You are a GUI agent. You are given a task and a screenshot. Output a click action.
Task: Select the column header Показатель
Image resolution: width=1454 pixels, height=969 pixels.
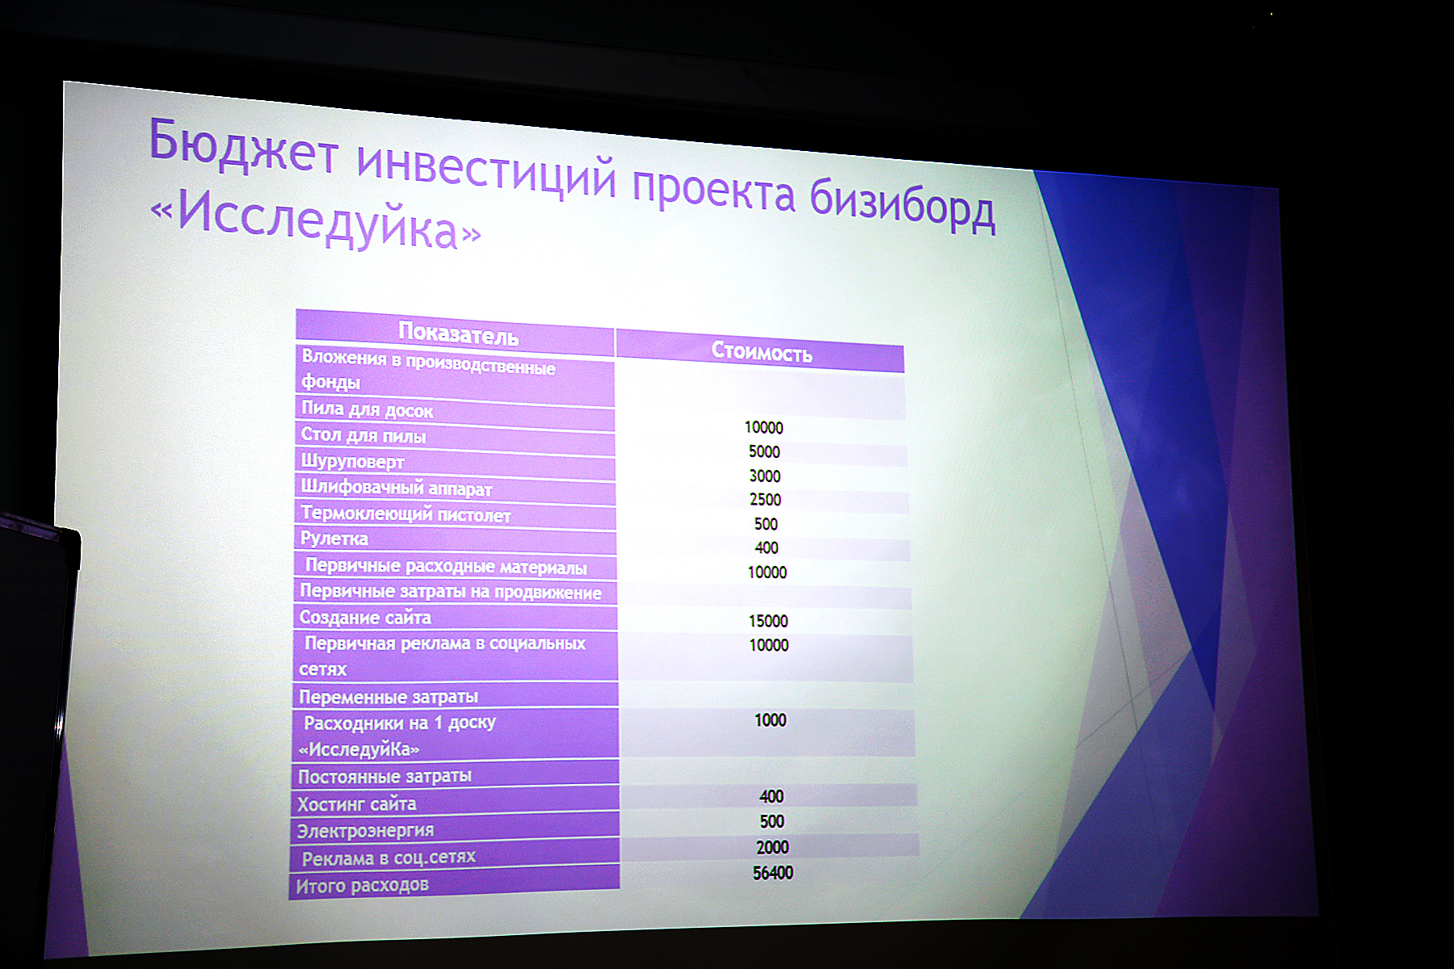click(x=458, y=333)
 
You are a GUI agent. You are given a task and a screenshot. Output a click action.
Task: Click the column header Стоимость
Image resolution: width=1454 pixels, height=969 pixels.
click(x=762, y=352)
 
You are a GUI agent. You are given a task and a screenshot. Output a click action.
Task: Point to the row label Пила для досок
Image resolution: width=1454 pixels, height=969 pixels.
click(x=367, y=409)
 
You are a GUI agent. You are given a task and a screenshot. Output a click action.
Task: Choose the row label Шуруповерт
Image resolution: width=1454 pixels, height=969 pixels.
click(x=352, y=461)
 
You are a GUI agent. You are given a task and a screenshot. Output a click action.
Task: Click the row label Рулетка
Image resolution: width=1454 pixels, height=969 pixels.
click(x=334, y=539)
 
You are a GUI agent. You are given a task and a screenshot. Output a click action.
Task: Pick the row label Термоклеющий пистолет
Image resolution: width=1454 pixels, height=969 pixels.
click(x=406, y=514)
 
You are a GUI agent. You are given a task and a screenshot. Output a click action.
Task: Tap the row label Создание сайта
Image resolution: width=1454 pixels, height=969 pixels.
click(x=365, y=618)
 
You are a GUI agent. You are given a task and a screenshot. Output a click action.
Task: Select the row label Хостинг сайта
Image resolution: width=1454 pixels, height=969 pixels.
click(x=356, y=804)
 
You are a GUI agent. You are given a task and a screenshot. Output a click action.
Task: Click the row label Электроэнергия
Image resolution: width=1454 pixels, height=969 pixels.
click(x=365, y=830)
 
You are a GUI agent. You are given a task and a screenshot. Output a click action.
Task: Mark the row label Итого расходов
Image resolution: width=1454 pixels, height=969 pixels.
click(x=362, y=885)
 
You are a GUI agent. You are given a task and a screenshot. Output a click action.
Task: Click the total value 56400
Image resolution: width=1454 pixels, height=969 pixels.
click(x=773, y=873)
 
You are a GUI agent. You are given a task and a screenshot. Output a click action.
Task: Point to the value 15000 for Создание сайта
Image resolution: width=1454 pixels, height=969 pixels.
click(x=768, y=621)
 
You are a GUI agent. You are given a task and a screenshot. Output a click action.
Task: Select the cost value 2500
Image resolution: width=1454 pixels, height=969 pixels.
click(x=765, y=500)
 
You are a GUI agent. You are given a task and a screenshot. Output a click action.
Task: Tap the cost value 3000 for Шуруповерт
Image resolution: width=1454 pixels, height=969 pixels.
click(x=764, y=476)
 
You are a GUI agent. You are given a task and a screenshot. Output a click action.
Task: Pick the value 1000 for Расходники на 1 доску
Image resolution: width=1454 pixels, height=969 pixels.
click(x=770, y=720)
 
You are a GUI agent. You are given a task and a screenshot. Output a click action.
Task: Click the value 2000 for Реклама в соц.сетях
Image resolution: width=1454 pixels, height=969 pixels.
click(x=772, y=847)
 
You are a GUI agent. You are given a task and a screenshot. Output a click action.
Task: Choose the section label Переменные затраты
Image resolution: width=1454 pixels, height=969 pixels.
click(x=389, y=697)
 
